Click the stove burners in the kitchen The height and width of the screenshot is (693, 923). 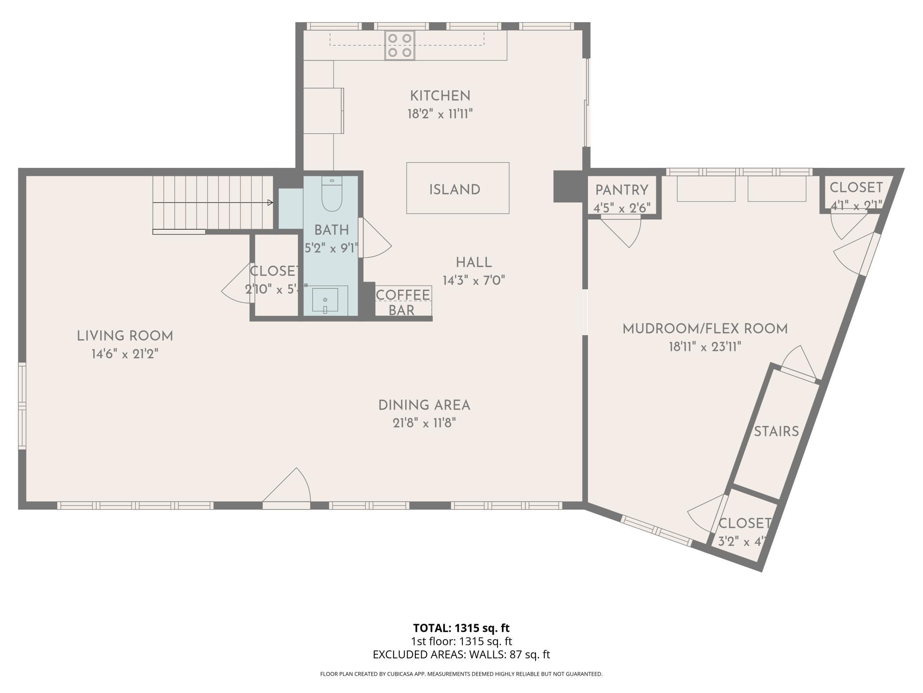click(x=399, y=45)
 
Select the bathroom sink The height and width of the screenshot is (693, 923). click(x=325, y=300)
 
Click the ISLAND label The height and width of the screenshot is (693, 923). click(x=454, y=190)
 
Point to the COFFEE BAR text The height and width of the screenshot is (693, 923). click(x=402, y=303)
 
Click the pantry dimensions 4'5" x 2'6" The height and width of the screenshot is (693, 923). click(x=622, y=207)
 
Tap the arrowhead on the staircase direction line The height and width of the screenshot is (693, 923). click(x=270, y=203)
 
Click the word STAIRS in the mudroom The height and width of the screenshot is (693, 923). click(x=776, y=431)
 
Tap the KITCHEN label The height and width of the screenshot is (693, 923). click(x=440, y=96)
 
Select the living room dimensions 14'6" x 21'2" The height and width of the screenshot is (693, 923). click(x=125, y=354)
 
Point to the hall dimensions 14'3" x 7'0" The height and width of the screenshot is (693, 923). click(x=473, y=281)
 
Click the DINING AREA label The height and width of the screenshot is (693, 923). click(x=424, y=405)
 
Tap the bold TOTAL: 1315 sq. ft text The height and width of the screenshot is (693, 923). click(x=461, y=628)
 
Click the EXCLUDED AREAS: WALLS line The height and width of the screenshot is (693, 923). click(x=461, y=654)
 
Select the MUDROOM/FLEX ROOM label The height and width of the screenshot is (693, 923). click(x=705, y=329)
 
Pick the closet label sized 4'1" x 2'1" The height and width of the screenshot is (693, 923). click(x=856, y=188)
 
